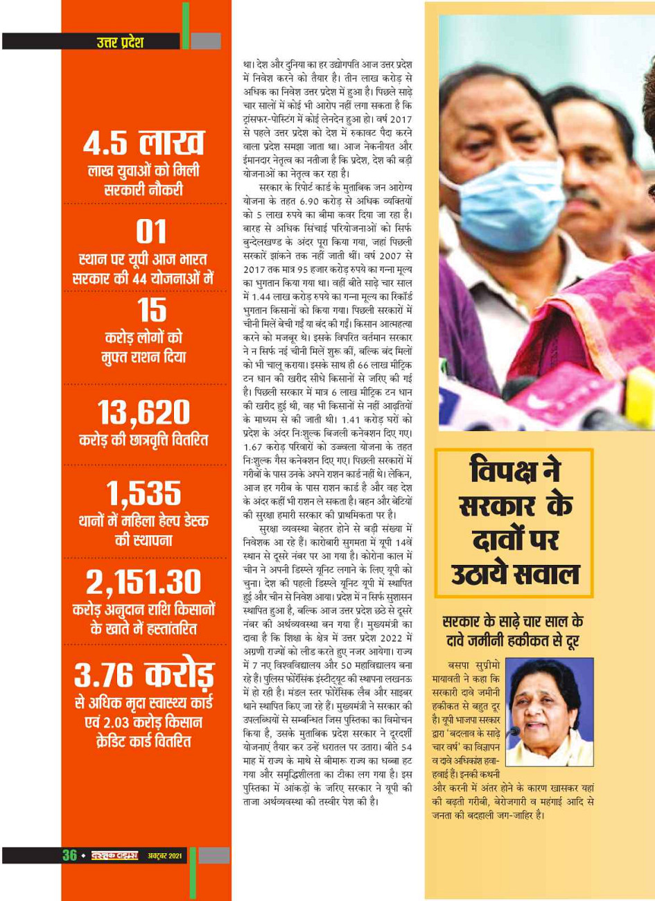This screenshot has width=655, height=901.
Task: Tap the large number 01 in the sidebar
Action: [150, 232]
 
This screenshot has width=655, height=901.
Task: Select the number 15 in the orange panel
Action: [151, 310]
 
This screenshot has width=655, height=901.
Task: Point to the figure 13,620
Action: [143, 413]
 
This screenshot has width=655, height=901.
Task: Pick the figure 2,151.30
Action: [143, 583]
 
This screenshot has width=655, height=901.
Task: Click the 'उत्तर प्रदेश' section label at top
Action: [120, 42]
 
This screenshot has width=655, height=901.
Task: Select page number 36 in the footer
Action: [69, 855]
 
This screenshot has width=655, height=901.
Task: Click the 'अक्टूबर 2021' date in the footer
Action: [165, 856]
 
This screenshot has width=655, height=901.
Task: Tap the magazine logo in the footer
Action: [114, 856]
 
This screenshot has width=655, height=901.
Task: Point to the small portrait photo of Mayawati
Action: [549, 712]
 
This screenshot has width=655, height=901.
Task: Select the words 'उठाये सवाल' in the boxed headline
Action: [514, 574]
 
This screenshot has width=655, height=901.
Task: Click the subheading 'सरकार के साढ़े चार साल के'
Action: [513, 620]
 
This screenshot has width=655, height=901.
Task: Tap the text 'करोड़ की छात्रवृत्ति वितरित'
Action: [143, 441]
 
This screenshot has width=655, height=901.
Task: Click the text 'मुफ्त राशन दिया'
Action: [143, 358]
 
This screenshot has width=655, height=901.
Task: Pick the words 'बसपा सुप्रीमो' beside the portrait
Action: [473, 665]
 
